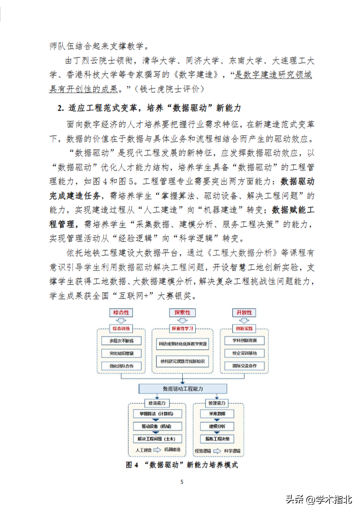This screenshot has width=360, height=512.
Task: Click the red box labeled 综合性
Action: pyautogui.click(x=122, y=313)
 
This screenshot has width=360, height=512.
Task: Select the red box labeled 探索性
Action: pyautogui.click(x=183, y=313)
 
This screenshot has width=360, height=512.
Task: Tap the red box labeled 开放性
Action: pyautogui.click(x=242, y=313)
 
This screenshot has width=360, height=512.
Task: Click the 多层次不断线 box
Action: pyautogui.click(x=122, y=341)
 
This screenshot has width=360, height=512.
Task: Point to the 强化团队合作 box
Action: pyautogui.click(x=122, y=366)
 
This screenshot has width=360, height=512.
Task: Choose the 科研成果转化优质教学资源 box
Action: pyautogui.click(x=183, y=344)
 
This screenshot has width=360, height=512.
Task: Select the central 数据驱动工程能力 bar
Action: pyautogui.click(x=183, y=389)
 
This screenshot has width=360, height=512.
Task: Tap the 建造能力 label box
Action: pyautogui.click(x=156, y=403)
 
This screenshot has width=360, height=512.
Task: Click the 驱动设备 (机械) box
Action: pyautogui.click(x=156, y=427)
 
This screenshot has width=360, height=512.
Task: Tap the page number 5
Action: pyautogui.click(x=182, y=482)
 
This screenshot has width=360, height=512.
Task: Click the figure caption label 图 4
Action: pyautogui.click(x=132, y=465)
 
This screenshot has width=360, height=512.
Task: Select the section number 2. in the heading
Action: pyautogui.click(x=60, y=107)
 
